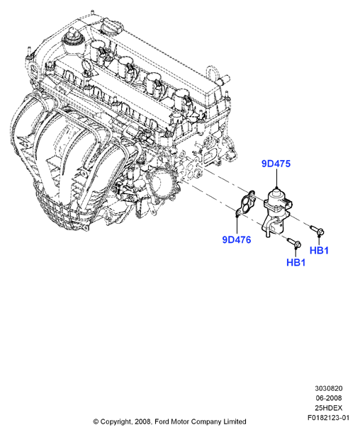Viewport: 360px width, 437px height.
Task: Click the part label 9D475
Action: point(276,164)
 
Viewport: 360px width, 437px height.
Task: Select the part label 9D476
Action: point(237,239)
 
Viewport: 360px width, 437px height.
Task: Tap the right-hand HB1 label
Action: point(319,250)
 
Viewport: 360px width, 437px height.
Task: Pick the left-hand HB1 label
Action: point(296,262)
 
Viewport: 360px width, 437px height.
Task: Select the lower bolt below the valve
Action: point(294,242)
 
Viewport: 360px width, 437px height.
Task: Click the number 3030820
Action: point(329,388)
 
